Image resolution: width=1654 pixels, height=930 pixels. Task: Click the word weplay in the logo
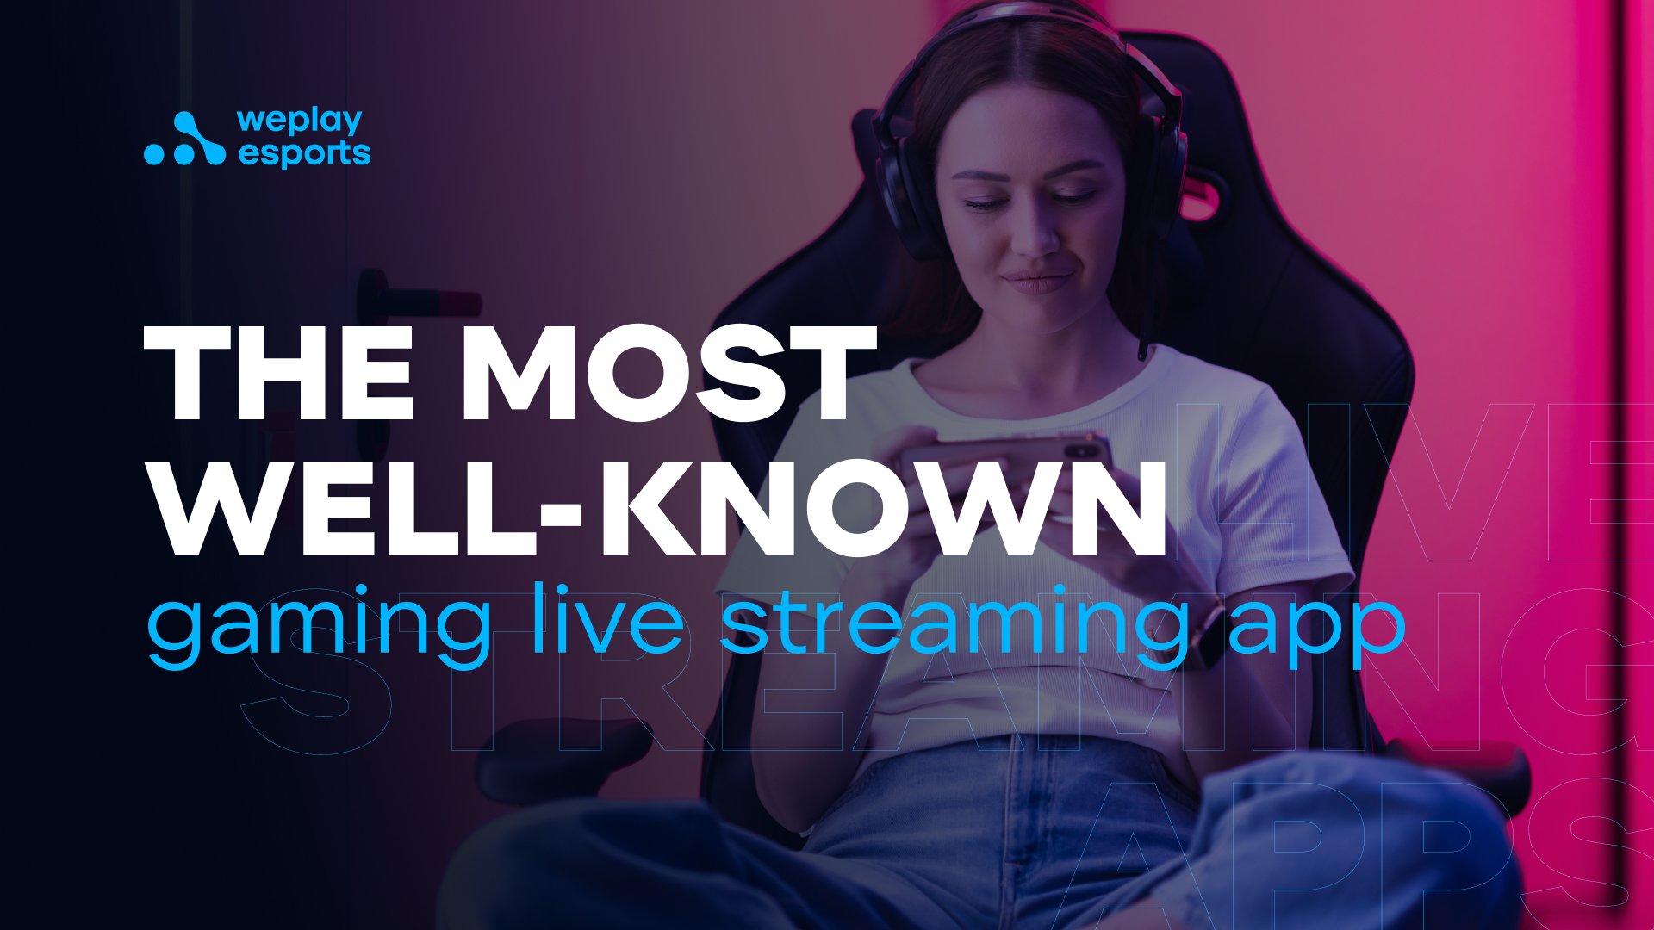pyautogui.click(x=300, y=122)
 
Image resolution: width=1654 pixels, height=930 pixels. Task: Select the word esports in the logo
pyautogui.click(x=304, y=153)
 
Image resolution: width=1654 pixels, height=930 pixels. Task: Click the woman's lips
pyautogui.click(x=1037, y=281)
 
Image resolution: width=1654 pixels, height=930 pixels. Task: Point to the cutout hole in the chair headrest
pyautogui.click(x=1202, y=195)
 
